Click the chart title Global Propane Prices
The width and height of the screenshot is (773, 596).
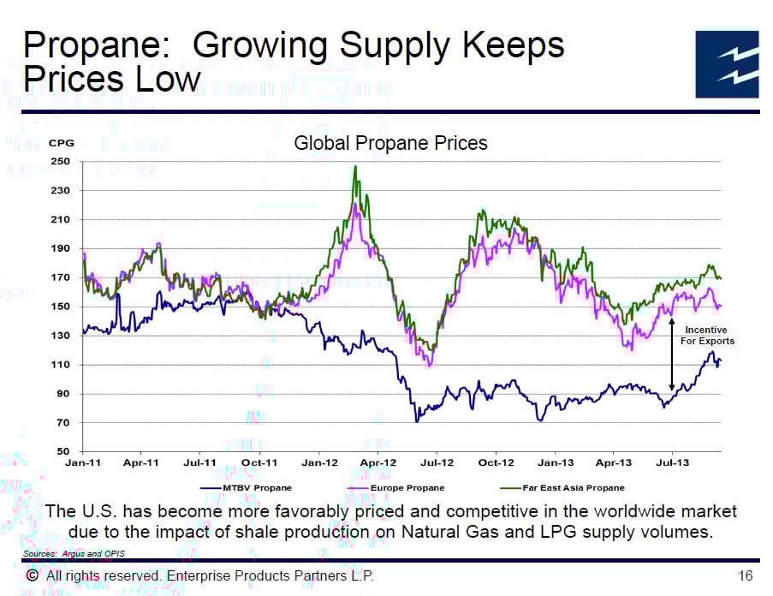click(x=390, y=142)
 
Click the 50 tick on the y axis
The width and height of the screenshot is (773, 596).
click(x=62, y=451)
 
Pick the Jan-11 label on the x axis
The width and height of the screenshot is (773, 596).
click(x=83, y=462)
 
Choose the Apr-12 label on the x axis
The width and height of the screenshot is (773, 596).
click(x=378, y=462)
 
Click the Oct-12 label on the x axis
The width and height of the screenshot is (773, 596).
click(x=496, y=462)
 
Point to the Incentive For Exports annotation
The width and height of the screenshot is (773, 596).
click(x=707, y=335)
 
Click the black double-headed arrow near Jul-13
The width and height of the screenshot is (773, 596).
click(x=672, y=355)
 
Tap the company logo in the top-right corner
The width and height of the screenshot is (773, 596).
click(x=726, y=63)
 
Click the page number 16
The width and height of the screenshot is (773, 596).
click(x=745, y=575)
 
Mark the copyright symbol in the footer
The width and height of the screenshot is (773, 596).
click(x=32, y=575)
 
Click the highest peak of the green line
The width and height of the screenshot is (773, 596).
click(x=354, y=167)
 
